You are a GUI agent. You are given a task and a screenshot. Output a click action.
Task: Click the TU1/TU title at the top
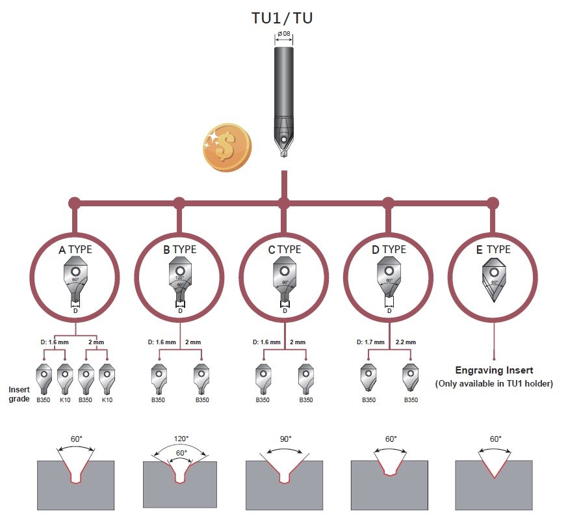click(282, 18)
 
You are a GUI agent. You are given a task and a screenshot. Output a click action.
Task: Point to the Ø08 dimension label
click(283, 34)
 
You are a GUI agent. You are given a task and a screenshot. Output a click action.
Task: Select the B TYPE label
click(180, 249)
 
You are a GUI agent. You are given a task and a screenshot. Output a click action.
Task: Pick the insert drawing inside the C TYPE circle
click(284, 280)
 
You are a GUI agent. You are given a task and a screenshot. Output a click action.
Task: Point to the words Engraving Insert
click(494, 370)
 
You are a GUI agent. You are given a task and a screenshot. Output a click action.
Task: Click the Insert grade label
click(19, 394)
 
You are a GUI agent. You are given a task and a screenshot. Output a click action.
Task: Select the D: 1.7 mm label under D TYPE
click(371, 342)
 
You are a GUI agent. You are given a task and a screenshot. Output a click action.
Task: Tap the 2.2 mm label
click(406, 342)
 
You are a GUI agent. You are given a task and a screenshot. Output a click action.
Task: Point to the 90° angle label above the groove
click(285, 439)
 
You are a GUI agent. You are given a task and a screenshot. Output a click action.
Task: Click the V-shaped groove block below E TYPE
click(494, 485)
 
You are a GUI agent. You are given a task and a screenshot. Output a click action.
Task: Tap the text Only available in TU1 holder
click(494, 384)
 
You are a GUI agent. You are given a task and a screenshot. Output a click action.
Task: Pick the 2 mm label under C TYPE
click(297, 342)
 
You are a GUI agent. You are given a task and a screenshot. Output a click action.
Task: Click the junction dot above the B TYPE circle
click(180, 202)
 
